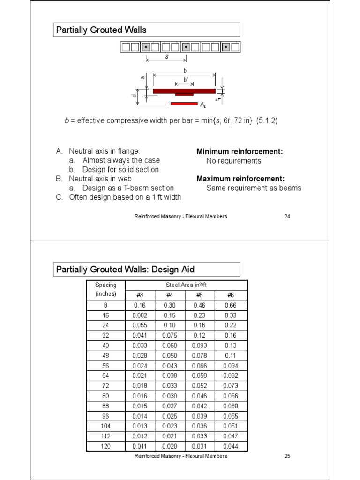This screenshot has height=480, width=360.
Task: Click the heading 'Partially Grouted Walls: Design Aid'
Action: point(125,270)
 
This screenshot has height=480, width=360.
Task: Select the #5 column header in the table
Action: point(200,295)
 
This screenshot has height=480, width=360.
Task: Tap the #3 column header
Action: point(140,295)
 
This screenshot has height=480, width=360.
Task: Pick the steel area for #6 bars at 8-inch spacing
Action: point(231,305)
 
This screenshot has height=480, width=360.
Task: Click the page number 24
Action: point(287,217)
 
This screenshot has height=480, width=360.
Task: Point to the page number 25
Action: point(287,456)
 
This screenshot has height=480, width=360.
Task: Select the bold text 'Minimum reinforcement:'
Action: point(240,151)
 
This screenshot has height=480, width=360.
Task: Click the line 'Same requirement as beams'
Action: point(254,188)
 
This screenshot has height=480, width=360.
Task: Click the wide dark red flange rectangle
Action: point(184,90)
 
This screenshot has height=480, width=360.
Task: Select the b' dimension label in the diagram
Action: point(186,80)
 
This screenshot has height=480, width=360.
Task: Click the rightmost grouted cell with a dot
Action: point(226,47)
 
